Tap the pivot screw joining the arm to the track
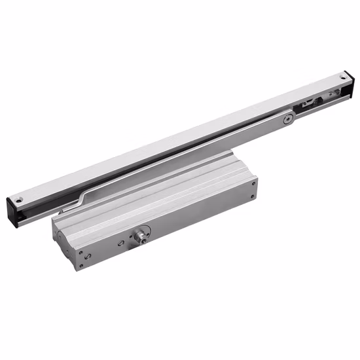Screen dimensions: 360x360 click(287, 118)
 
